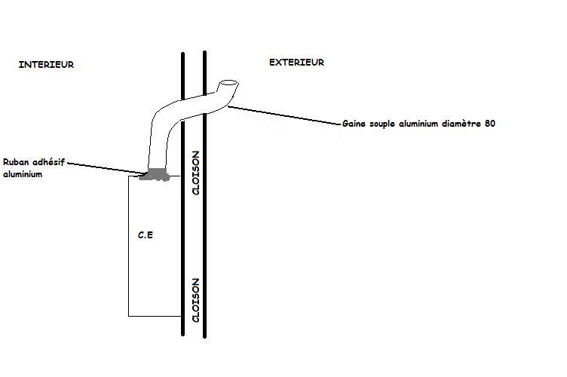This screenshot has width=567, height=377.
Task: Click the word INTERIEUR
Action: (x=46, y=66)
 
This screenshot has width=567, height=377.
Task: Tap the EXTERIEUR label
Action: (x=296, y=63)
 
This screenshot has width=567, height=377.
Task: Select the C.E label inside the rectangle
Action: (x=146, y=236)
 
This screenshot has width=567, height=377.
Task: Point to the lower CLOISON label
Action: (x=195, y=300)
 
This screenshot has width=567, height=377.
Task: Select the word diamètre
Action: (x=459, y=123)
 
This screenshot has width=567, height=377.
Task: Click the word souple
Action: (x=388, y=123)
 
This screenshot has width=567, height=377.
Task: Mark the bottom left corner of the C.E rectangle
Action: (x=129, y=315)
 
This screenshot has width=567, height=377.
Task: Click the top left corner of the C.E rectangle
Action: (x=129, y=176)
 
